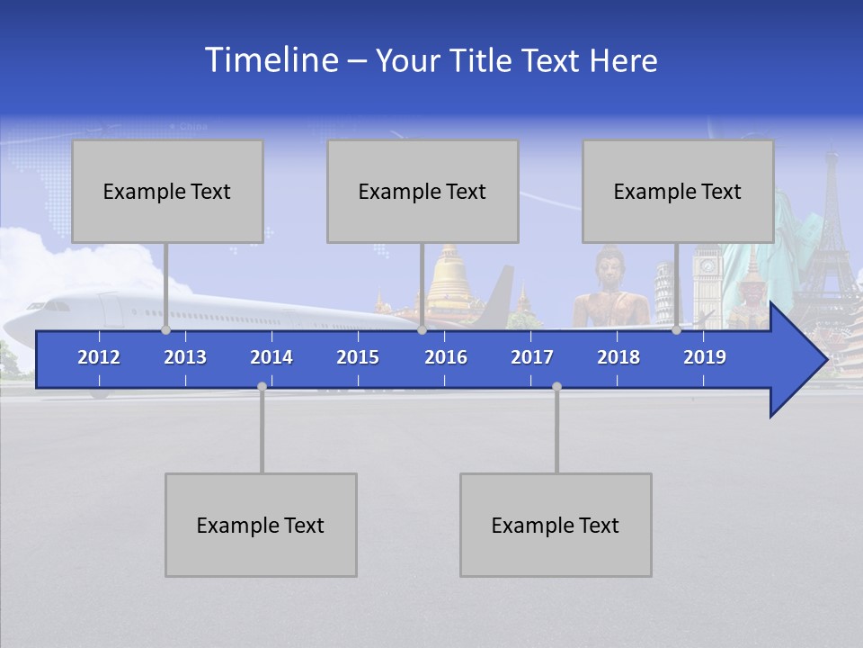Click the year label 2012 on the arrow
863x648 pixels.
click(x=99, y=357)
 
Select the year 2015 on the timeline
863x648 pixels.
click(x=358, y=357)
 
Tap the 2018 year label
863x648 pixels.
click(x=618, y=357)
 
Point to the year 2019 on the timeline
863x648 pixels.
click(x=705, y=357)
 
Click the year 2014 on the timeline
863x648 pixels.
click(x=271, y=357)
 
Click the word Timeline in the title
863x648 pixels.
click(x=270, y=60)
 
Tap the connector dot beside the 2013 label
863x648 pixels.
click(x=165, y=330)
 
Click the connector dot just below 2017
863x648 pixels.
click(x=556, y=386)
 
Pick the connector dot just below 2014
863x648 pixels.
click(x=262, y=386)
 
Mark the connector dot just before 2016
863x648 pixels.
click(x=422, y=330)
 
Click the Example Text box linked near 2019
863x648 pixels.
click(x=678, y=191)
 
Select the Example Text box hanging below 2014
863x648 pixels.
click(x=261, y=525)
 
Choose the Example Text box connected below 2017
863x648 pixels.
click(x=556, y=525)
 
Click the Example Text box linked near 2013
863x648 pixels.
click(x=167, y=191)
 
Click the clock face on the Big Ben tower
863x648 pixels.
click(x=707, y=266)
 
